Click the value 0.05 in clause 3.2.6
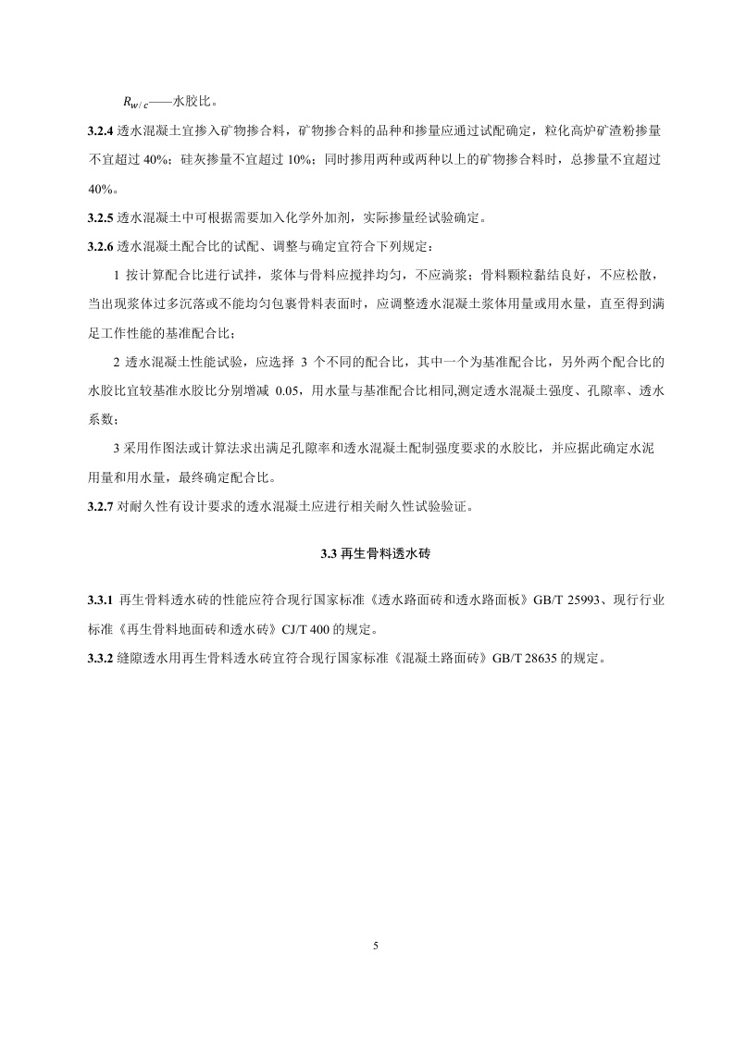coord(292,391)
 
